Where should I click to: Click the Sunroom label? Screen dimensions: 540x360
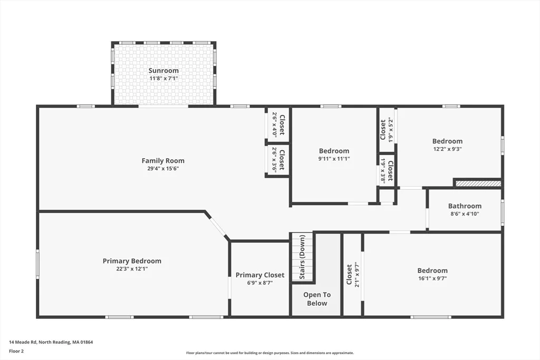point(163,71)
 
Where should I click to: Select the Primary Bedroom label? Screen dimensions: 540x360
point(132,261)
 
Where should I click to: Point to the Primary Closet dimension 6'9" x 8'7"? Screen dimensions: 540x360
point(259,283)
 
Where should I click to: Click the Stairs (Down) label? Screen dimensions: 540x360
point(302,257)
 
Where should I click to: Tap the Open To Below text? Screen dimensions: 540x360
point(317,299)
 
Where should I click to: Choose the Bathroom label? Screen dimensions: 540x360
point(465,206)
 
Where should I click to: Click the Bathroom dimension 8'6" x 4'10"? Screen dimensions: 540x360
point(465,213)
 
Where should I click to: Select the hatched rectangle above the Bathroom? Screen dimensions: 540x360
point(478,184)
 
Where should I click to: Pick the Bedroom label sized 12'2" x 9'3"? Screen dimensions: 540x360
point(447,141)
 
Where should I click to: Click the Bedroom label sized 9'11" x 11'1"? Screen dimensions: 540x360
point(334,151)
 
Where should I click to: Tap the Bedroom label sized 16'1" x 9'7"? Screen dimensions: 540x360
point(432,270)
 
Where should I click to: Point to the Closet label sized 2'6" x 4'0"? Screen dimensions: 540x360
point(282,124)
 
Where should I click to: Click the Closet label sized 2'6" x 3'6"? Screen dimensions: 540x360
point(282,160)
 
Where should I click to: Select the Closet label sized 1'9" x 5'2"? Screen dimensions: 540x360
point(383,130)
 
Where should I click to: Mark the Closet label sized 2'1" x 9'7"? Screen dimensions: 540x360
point(349,274)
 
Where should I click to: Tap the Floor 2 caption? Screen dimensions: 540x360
point(16,352)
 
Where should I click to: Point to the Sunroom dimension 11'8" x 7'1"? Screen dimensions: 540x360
point(163,79)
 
